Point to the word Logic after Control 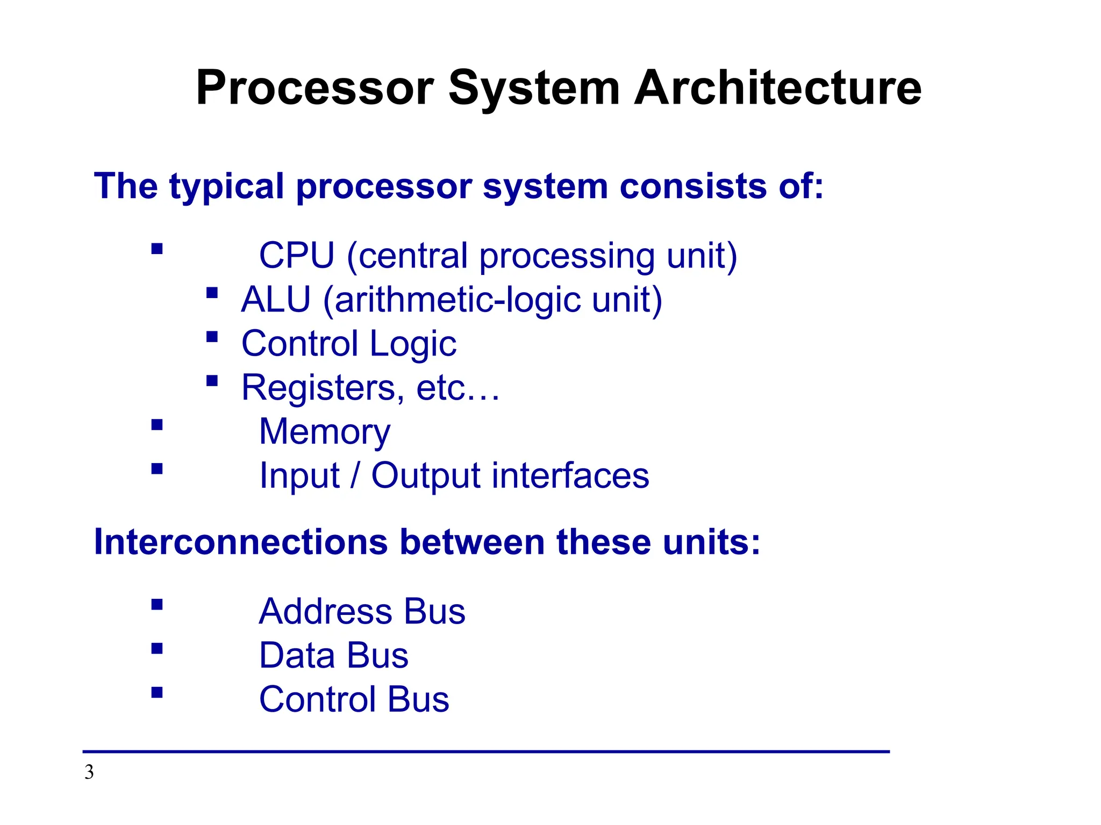pyautogui.click(x=413, y=344)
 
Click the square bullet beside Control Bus pyautogui.click(x=157, y=692)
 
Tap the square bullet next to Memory pyautogui.click(x=157, y=425)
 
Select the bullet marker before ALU pyautogui.click(x=212, y=293)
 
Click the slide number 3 pyautogui.click(x=89, y=772)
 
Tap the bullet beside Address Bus pyautogui.click(x=157, y=605)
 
